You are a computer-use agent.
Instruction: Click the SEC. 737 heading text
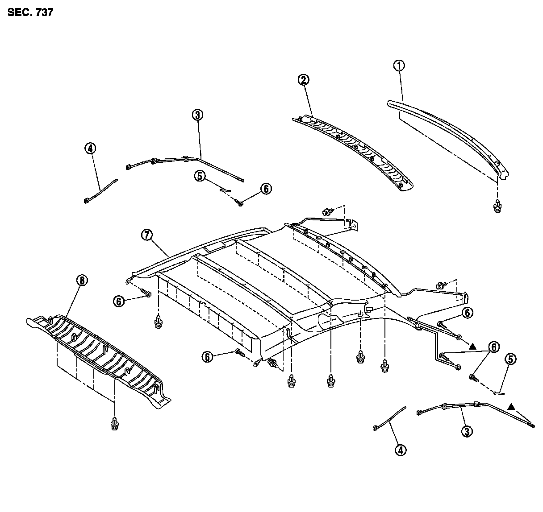click(30, 12)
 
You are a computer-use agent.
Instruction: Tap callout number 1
click(399, 66)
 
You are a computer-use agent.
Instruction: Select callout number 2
click(304, 80)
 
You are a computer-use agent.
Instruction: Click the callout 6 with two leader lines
click(493, 347)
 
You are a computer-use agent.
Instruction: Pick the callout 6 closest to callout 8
click(119, 301)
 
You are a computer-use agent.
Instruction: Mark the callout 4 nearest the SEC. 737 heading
click(91, 148)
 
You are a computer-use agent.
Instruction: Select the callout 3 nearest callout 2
click(198, 115)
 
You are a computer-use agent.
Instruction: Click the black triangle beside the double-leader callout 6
click(472, 346)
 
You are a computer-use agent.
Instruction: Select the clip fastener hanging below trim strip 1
click(497, 206)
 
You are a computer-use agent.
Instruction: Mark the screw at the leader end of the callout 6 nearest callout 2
click(240, 203)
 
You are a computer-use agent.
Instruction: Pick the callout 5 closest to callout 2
click(200, 176)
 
